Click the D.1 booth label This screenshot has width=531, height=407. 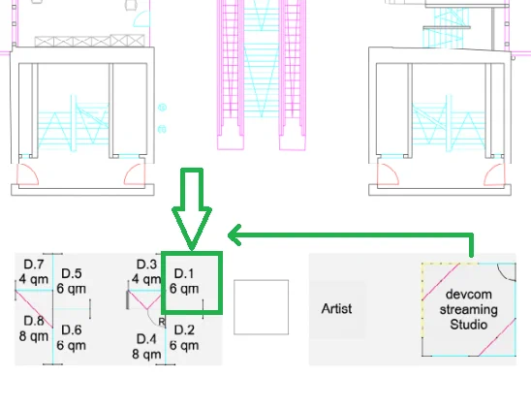[184, 273]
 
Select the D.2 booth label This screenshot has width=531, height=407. [184, 330]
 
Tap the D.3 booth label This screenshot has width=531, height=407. [146, 265]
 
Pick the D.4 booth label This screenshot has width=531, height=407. [146, 339]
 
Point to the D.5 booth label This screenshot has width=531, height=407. [72, 273]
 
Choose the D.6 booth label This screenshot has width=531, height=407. [72, 330]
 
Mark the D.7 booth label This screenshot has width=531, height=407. [34, 265]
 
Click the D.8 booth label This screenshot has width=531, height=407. [34, 321]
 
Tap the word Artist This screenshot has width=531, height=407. [336, 308]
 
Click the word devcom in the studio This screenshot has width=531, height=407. [469, 295]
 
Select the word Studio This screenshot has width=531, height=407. [469, 325]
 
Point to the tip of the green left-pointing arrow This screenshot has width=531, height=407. [229, 235]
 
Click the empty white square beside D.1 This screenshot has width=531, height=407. [261, 307]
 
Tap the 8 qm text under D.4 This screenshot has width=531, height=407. [146, 354]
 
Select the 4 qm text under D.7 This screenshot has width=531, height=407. [34, 279]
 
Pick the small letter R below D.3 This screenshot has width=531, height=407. [162, 322]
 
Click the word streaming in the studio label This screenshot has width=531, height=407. [469, 309]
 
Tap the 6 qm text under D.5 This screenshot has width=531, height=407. [72, 289]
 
